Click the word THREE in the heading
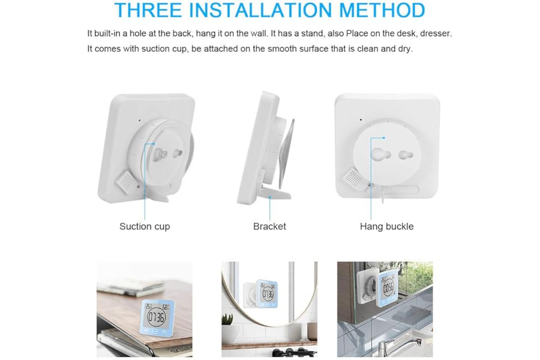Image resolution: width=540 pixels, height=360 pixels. click(x=148, y=10)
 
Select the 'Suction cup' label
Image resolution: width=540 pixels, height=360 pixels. click(x=144, y=226)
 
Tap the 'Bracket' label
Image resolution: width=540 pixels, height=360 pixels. click(x=270, y=226)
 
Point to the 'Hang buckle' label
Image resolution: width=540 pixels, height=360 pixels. click(x=387, y=226)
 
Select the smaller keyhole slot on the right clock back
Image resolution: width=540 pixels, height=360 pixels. click(x=406, y=155)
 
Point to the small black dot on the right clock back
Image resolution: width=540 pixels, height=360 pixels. click(x=360, y=120)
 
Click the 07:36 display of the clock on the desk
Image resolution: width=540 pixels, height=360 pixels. click(x=156, y=318)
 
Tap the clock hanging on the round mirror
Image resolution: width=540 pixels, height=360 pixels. click(x=266, y=294)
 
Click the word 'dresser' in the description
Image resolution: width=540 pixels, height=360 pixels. click(x=436, y=33)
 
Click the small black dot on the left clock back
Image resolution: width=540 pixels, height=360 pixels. click(x=139, y=120)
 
